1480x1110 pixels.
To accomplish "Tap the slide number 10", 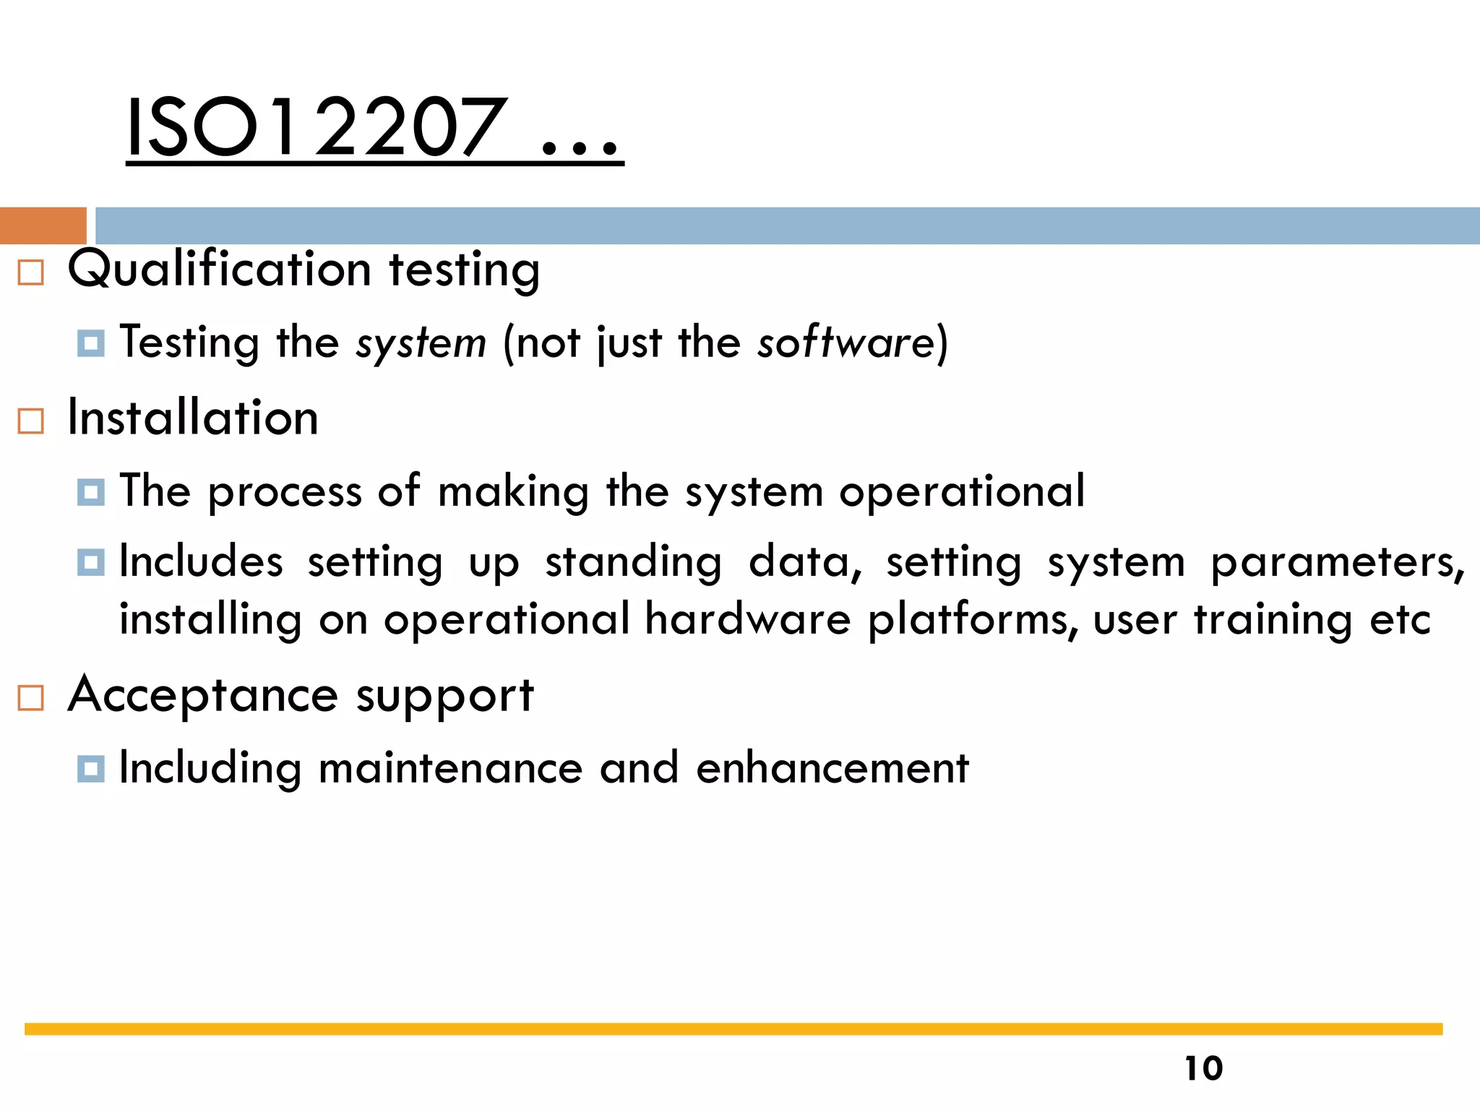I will (1203, 1068).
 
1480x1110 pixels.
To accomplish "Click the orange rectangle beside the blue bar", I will (43, 225).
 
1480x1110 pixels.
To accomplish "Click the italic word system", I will (421, 343).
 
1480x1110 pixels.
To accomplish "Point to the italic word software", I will (846, 343).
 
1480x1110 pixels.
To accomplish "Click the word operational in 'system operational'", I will (962, 491).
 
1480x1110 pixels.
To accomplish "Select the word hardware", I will (748, 619).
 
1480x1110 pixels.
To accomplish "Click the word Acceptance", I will (203, 696).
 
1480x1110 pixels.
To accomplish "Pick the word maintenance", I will (450, 767).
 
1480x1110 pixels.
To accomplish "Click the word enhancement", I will (832, 767).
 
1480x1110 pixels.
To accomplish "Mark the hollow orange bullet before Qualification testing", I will (30, 272).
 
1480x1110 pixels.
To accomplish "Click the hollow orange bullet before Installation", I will (30, 421).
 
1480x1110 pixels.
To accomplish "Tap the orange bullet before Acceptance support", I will (30, 698).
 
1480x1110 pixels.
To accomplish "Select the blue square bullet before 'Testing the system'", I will (91, 343).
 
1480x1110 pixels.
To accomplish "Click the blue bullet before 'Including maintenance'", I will (91, 768).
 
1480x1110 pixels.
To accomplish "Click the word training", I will (1273, 620).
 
